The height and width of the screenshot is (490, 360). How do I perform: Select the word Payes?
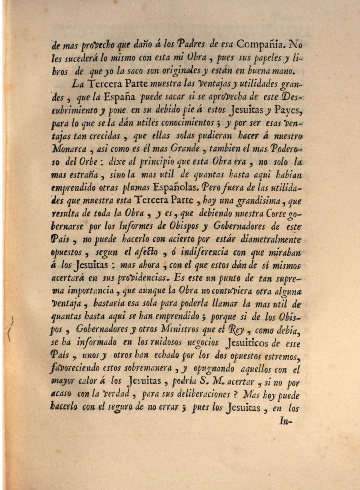click(288, 110)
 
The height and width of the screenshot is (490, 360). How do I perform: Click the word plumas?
click(136, 187)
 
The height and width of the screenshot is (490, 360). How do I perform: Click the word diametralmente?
click(270, 239)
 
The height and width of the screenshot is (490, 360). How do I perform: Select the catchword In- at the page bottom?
click(284, 420)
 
